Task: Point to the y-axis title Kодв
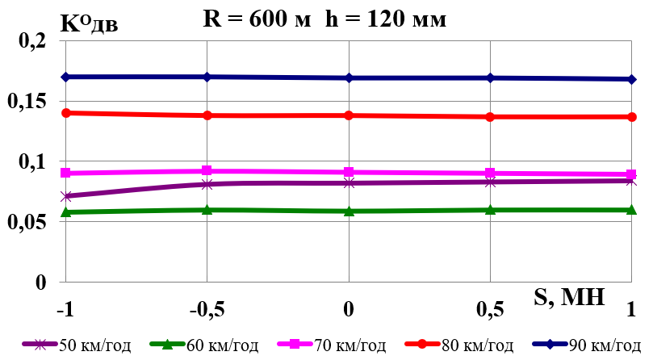tap(90, 22)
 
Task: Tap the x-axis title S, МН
tap(569, 297)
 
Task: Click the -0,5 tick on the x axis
tap(207, 309)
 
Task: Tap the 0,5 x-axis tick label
tap(490, 309)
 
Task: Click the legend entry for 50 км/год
tap(78, 345)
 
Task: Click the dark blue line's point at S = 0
tap(349, 77)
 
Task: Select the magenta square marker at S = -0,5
tap(207, 171)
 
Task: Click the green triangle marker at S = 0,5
tap(490, 210)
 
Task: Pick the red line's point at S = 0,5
tap(490, 117)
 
